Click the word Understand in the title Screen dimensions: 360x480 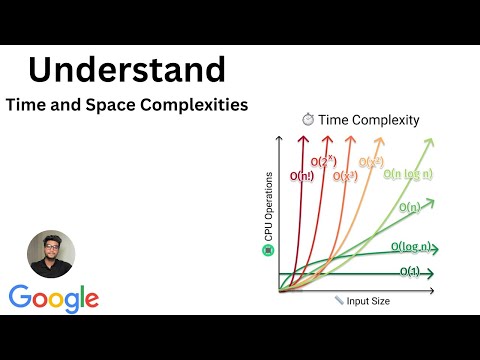pos(126,70)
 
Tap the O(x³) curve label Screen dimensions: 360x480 pos(344,178)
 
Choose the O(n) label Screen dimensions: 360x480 pos(408,207)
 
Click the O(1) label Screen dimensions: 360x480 pos(409,271)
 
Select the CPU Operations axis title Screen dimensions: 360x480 pos(267,206)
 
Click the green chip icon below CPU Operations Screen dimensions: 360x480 pos(267,249)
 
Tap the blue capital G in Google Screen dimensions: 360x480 pos(21,299)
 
